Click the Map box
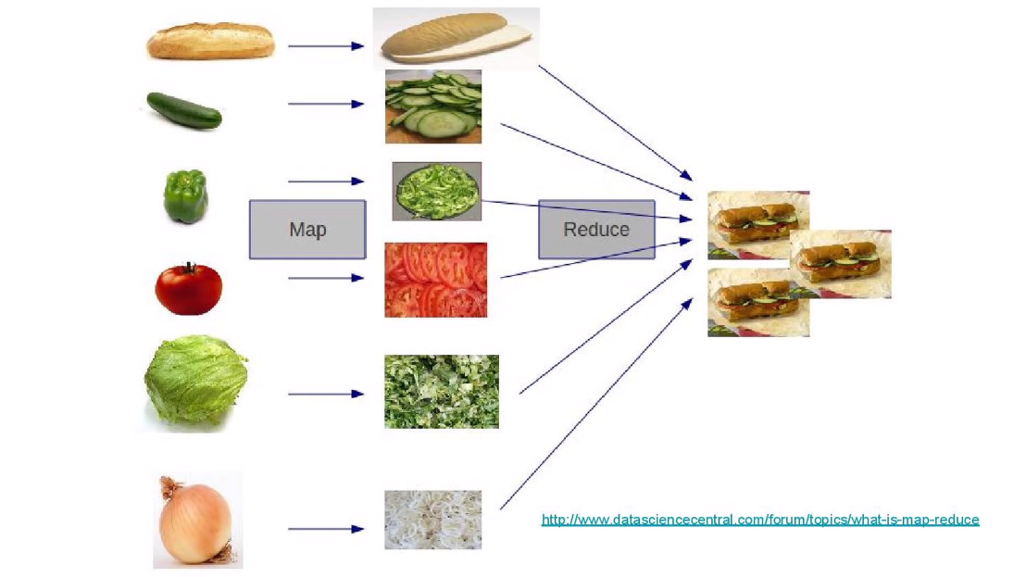tap(307, 229)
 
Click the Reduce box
tap(596, 229)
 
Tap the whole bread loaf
tap(211, 41)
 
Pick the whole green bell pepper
tap(185, 195)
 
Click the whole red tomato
tap(188, 289)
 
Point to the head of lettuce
tap(195, 381)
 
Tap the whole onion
tap(195, 521)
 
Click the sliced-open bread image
tap(456, 38)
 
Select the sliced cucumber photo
tap(433, 107)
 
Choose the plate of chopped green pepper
tap(436, 191)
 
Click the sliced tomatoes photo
tap(435, 280)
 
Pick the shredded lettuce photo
tap(441, 391)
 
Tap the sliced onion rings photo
tap(432, 520)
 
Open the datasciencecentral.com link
tap(759, 520)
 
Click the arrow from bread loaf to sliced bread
tap(325, 45)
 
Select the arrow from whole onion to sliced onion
tap(325, 529)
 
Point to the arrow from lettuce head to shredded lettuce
tap(325, 394)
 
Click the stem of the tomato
tap(190, 267)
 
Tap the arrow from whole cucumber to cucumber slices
tap(325, 104)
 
